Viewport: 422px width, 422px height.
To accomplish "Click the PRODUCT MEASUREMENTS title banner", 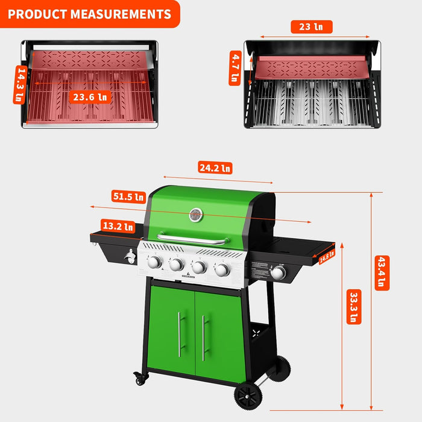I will pos(89,14).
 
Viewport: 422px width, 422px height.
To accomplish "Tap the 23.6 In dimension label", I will pos(90,96).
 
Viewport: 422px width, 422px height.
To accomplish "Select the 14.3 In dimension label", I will pos(20,85).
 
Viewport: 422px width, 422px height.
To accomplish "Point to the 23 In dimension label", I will pos(311,27).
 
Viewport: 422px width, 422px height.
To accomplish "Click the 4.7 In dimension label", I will pos(235,68).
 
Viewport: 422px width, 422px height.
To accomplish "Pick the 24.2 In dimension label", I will pos(215,168).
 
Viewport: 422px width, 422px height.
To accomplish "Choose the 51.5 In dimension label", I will pos(128,197).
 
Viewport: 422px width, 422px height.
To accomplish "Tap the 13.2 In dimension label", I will pos(117,227).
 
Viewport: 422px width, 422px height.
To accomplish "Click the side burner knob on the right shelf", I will pos(278,273).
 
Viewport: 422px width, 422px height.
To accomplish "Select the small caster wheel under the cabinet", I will pos(142,379).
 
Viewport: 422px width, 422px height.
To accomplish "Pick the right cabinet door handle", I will pos(203,338).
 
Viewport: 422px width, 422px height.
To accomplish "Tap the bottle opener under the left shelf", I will pos(130,257).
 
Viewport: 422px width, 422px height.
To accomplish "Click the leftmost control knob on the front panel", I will pos(155,262).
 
